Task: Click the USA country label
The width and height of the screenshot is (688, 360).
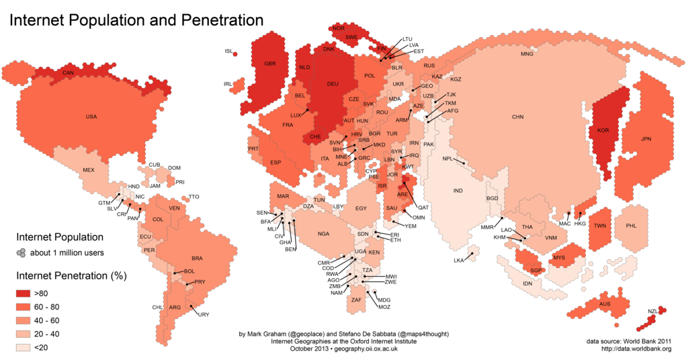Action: pyautogui.click(x=91, y=117)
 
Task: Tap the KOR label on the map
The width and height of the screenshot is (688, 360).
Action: pyautogui.click(x=603, y=130)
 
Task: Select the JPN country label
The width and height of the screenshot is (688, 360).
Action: pyautogui.click(x=646, y=139)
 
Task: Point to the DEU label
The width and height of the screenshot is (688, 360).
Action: pyautogui.click(x=333, y=84)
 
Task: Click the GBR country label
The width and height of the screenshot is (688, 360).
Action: pyautogui.click(x=270, y=64)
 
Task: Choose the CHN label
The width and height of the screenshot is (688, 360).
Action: pyautogui.click(x=517, y=117)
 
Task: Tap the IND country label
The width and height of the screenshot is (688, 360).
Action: pyautogui.click(x=458, y=191)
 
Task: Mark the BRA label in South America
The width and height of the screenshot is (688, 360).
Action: pyautogui.click(x=197, y=258)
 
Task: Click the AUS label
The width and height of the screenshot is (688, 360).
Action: pyautogui.click(x=605, y=305)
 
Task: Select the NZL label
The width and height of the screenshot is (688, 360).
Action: pyautogui.click(x=652, y=311)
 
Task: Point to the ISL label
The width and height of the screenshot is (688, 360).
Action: pyautogui.click(x=228, y=51)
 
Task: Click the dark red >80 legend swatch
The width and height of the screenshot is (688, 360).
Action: pyautogui.click(x=24, y=293)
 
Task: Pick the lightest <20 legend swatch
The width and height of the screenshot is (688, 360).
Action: pyautogui.click(x=24, y=347)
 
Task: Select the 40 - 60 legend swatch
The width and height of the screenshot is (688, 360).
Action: pyautogui.click(x=24, y=320)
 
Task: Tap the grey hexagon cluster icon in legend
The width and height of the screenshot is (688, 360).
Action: pyautogui.click(x=22, y=253)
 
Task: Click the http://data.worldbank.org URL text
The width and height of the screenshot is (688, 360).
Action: pyautogui.click(x=636, y=349)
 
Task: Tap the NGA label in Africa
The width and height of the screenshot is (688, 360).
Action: pyautogui.click(x=324, y=234)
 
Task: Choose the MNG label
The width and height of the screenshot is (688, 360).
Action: pyautogui.click(x=527, y=54)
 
